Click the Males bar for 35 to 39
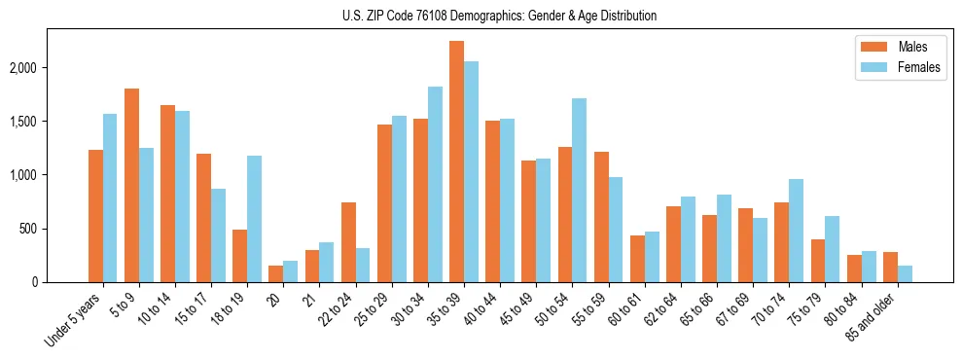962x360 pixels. tap(456, 162)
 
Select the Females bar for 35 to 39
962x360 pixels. tap(471, 171)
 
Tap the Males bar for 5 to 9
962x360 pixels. tap(131, 185)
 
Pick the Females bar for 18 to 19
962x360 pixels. tap(254, 219)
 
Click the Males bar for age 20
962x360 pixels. tap(276, 273)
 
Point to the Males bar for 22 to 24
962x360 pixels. tap(348, 242)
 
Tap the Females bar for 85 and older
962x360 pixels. tap(905, 273)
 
